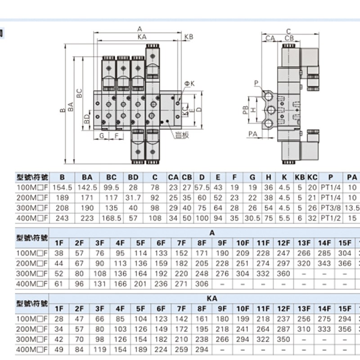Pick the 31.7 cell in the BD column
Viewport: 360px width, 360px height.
coord(134,198)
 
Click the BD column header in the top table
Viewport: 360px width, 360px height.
coord(134,177)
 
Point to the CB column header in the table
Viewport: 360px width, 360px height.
coord(187,177)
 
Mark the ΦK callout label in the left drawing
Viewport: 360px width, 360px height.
coord(189,84)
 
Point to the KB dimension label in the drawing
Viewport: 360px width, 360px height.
coord(189,36)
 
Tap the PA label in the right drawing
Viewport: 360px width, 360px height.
coord(252,134)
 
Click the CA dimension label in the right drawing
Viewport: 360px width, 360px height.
coord(270,39)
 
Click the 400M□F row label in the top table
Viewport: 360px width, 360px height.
coord(31,218)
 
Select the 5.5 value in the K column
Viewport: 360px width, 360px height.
coord(284,218)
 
